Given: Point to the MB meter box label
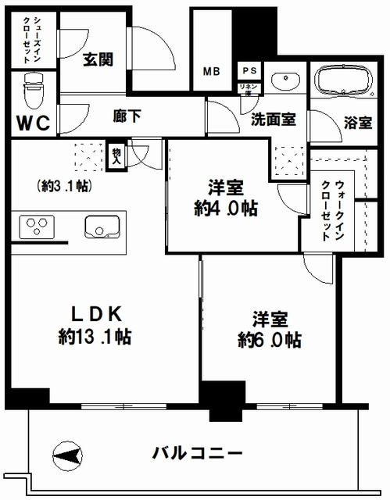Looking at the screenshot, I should [212, 71].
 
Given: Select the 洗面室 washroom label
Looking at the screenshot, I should [273, 120].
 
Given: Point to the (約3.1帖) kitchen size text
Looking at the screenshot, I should [63, 187].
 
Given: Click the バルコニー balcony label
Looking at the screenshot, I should [197, 453].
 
